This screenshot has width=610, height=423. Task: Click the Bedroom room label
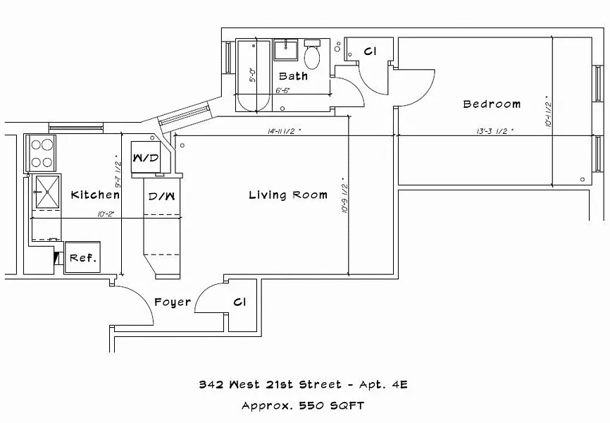tap(492, 104)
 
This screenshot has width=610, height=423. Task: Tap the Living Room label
tap(287, 195)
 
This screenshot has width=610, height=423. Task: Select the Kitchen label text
tap(95, 195)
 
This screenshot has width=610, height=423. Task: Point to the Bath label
tap(293, 76)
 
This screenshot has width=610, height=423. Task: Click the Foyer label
tap(173, 302)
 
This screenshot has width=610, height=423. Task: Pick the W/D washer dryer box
tap(146, 157)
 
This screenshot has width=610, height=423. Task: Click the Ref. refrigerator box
tap(82, 258)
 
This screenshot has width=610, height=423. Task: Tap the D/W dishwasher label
tap(156, 195)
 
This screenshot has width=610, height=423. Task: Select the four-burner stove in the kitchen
tap(42, 153)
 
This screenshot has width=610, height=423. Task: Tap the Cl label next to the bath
tap(371, 51)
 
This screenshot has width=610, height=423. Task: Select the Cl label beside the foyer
tap(240, 302)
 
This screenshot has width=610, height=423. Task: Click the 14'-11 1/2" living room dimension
tap(285, 131)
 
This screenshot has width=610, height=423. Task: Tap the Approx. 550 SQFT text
tap(303, 406)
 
